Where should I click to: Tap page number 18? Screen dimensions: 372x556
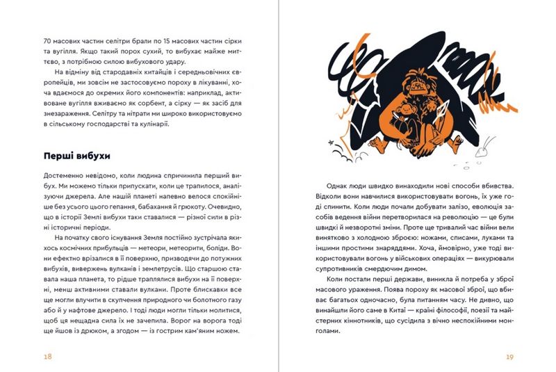(x=48, y=356)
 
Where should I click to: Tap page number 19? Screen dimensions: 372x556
(x=509, y=356)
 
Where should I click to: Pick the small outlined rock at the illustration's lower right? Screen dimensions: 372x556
(x=484, y=149)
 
